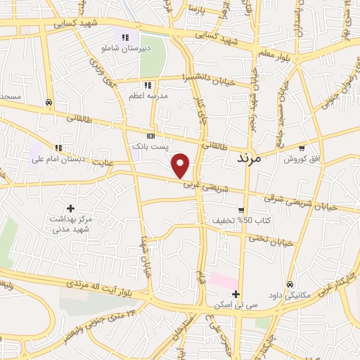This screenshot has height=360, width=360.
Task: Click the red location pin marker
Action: coord(181,165)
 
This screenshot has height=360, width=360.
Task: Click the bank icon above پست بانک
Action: coord(150,136)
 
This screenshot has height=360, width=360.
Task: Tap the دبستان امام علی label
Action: coord(58,159)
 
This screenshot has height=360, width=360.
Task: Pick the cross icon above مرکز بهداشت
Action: coord(70,208)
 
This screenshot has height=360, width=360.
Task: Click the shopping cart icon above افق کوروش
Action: coord(302,148)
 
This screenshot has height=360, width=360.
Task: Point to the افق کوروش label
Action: coord(302,159)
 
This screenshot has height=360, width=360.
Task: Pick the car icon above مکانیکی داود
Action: coord(290,283)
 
